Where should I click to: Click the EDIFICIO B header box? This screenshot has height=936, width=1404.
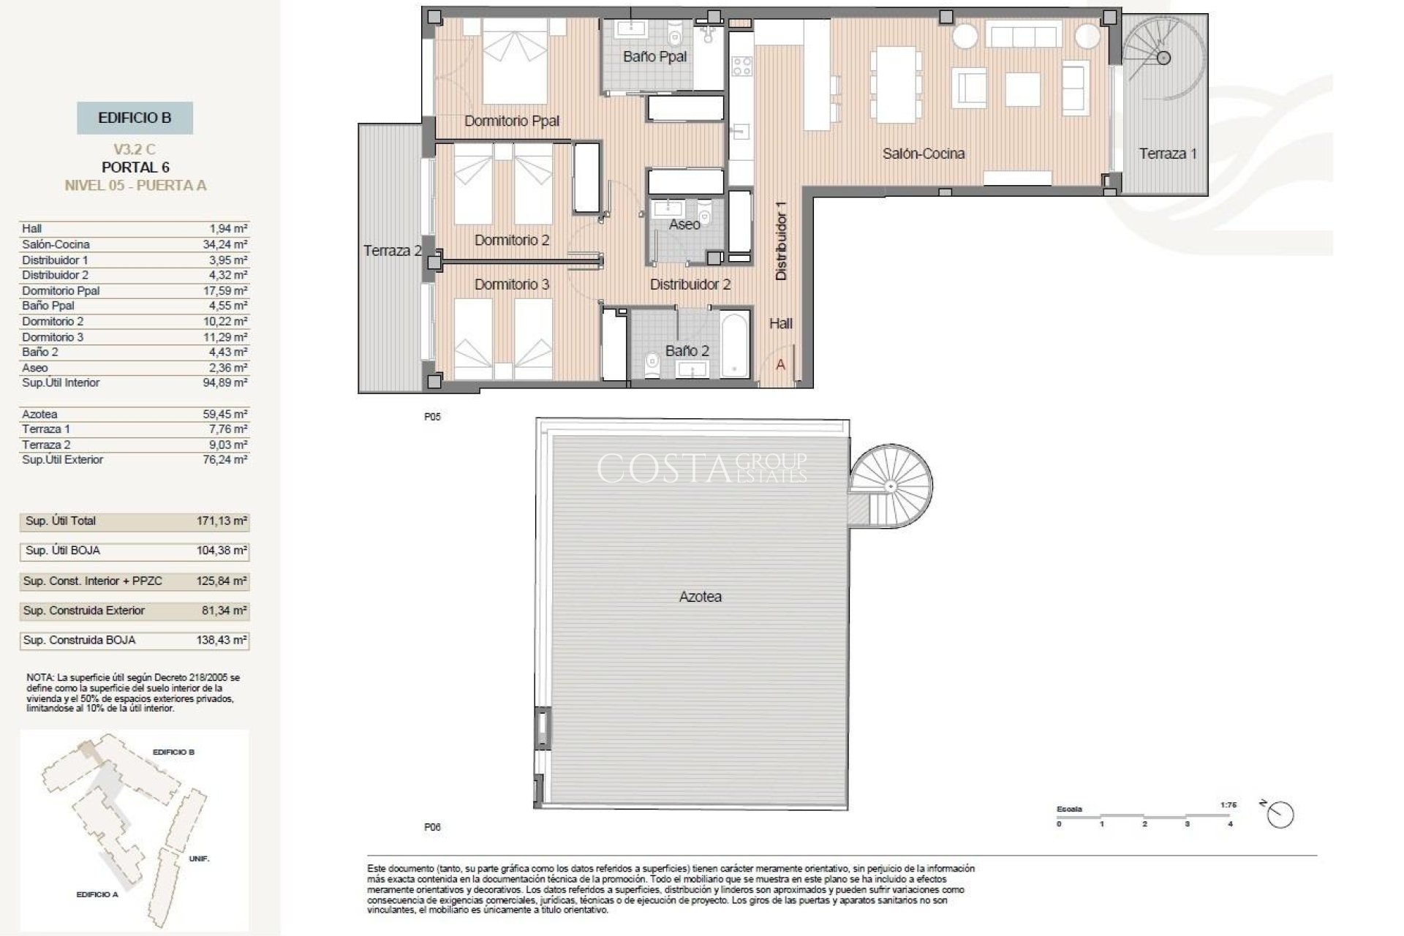(135, 118)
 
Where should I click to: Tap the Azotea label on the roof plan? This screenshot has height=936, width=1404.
(700, 597)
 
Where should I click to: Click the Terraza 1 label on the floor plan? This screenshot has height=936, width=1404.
(1168, 154)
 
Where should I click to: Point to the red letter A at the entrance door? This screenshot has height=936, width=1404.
(780, 364)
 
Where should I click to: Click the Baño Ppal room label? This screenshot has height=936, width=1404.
(654, 56)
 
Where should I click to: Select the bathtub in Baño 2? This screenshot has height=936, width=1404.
(735, 344)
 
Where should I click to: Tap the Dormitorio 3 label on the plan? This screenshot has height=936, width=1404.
(511, 284)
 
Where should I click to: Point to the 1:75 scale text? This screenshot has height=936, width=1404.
(1228, 805)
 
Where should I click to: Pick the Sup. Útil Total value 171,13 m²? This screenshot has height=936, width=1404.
(222, 521)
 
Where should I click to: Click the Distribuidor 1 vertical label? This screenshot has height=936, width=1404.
(780, 241)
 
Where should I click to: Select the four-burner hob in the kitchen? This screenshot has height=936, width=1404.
(741, 66)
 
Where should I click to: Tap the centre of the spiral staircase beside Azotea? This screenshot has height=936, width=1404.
(891, 486)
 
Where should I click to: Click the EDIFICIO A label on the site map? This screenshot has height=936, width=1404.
(97, 894)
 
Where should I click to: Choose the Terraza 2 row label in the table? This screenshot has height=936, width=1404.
(45, 445)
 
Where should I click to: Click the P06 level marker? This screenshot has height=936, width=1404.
(432, 827)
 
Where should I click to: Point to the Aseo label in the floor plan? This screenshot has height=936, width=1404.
(684, 224)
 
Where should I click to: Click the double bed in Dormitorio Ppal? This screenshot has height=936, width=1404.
(515, 69)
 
